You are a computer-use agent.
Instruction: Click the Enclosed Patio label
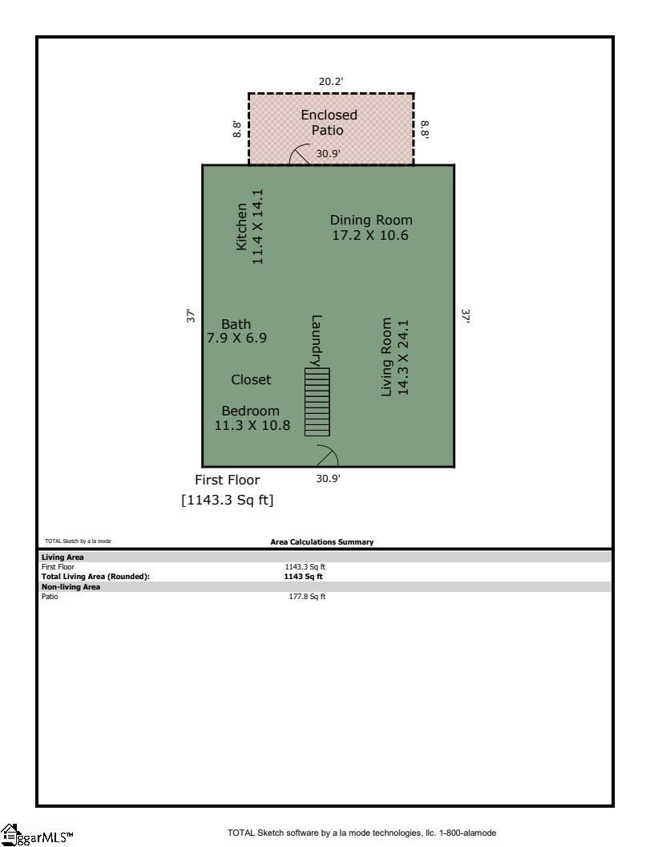[329, 123]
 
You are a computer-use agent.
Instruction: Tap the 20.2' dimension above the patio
[331, 81]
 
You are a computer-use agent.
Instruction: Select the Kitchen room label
[241, 226]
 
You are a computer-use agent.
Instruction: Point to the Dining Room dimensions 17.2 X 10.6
[370, 235]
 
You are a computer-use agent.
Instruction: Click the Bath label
[236, 324]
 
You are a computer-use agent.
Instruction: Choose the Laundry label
[317, 340]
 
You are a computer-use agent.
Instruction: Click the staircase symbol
[317, 402]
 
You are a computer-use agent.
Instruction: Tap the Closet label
[251, 379]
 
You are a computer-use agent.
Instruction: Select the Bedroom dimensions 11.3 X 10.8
[252, 425]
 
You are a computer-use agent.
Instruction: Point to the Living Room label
[386, 357]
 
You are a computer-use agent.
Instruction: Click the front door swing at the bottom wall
[326, 456]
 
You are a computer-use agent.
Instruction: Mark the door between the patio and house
[300, 155]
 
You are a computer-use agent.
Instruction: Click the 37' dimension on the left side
[191, 316]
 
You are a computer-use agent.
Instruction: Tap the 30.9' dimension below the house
[328, 478]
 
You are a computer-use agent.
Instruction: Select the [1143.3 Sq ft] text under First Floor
[228, 500]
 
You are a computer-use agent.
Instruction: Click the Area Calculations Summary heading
[321, 542]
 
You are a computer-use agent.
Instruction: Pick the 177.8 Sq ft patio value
[307, 597]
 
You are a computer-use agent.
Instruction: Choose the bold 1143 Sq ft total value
[303, 576]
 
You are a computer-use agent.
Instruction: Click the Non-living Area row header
[71, 586]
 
